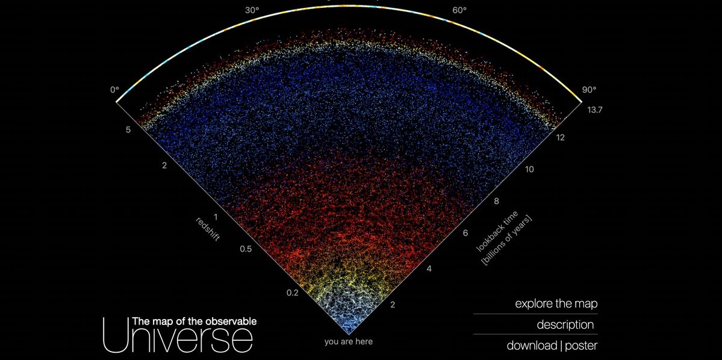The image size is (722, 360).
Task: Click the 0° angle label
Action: tap(114, 90)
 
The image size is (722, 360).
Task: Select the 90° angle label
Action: tap(589, 90)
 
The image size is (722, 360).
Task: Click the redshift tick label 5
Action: tap(128, 130)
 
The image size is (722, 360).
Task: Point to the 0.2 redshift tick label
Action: tap(293, 293)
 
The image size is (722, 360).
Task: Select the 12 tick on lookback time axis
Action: tap(560, 137)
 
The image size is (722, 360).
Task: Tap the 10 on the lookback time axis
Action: tap(529, 169)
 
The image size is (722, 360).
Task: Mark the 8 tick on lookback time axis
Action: tap(497, 200)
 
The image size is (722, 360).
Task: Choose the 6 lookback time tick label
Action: tap(465, 233)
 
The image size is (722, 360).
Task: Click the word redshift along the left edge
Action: tap(208, 229)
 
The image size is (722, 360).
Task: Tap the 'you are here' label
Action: tap(349, 341)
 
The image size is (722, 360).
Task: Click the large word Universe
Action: tap(178, 334)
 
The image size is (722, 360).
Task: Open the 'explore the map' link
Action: tap(556, 304)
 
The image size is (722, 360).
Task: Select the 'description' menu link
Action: tap(565, 324)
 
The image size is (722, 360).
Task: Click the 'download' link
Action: tap(532, 346)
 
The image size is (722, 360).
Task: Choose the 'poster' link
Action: tap(582, 346)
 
